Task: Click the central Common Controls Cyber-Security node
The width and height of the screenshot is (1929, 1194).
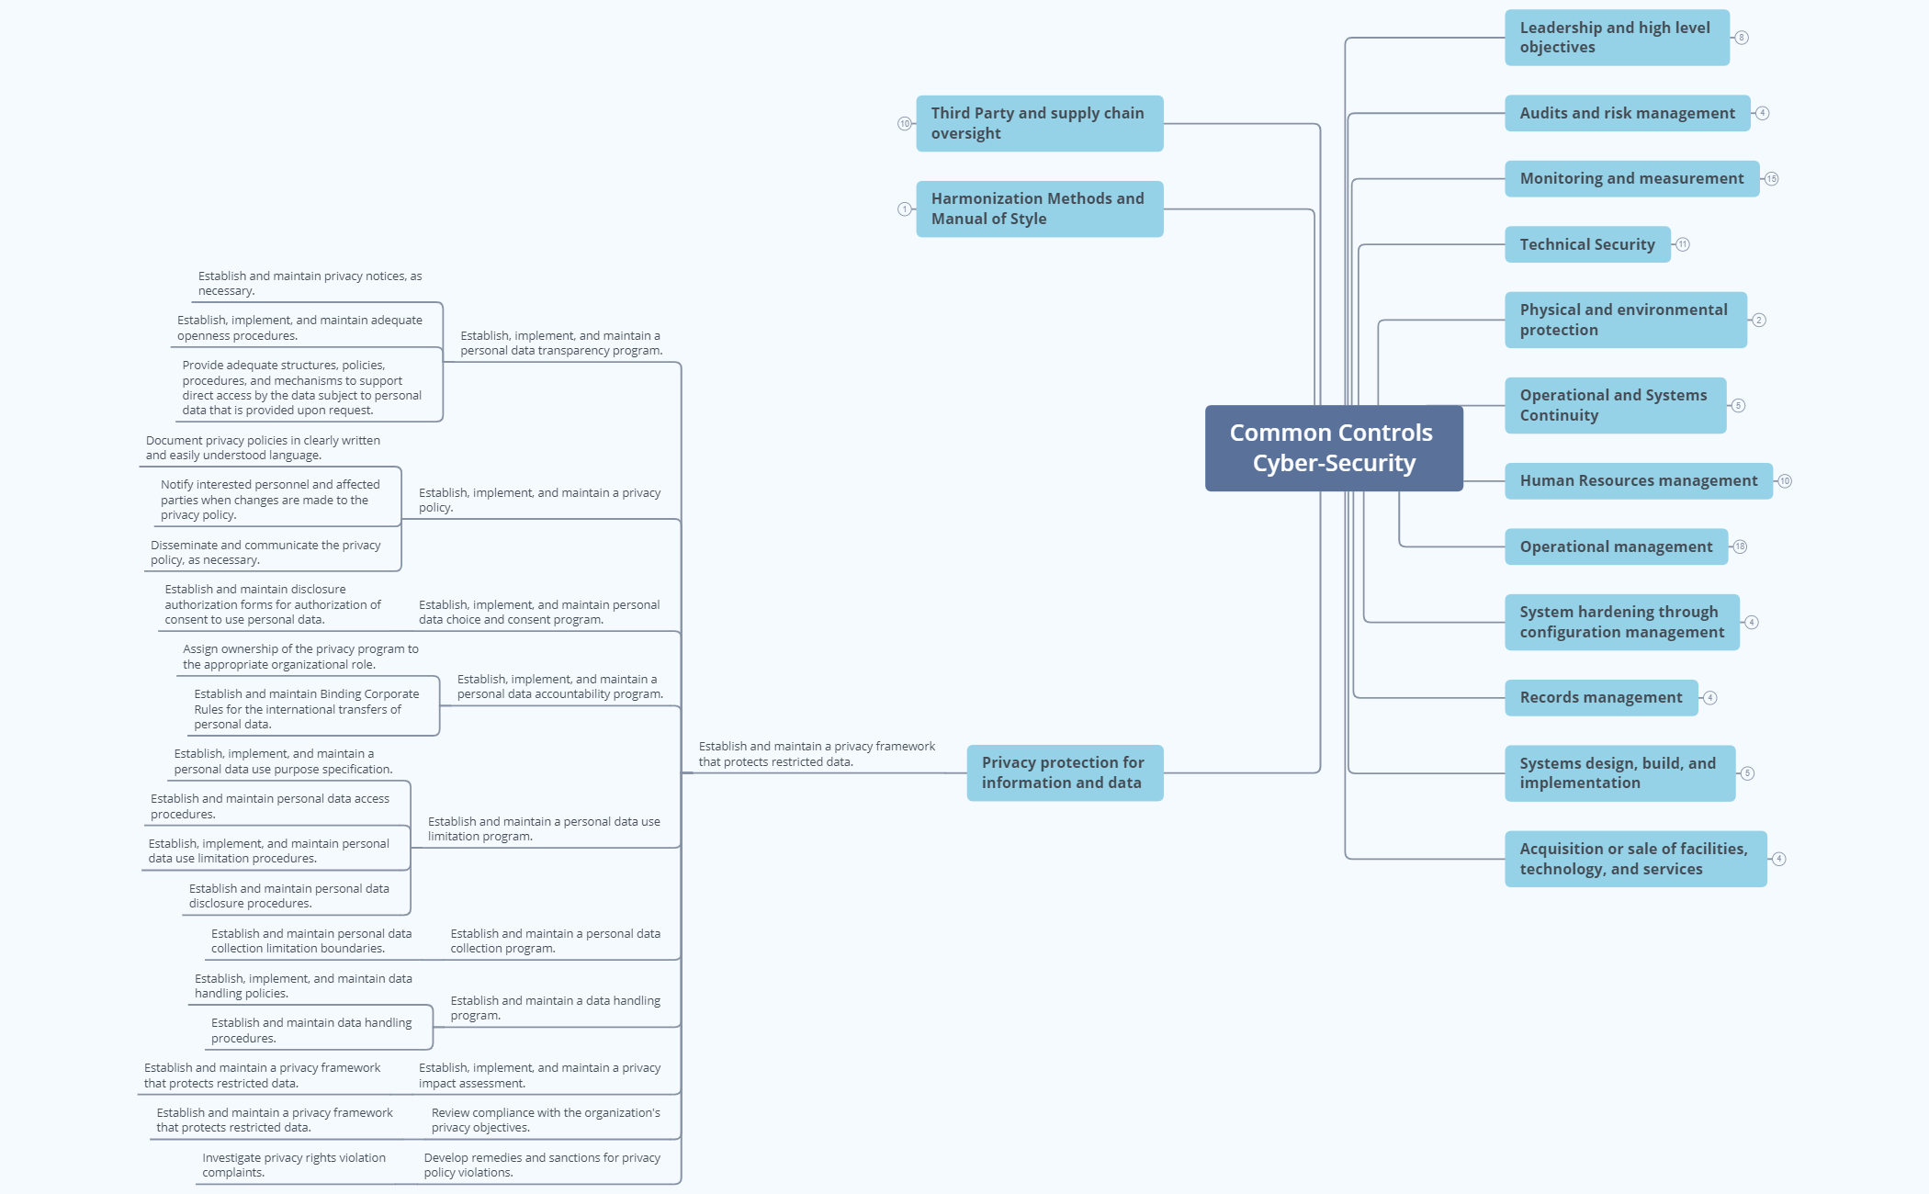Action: coord(1333,448)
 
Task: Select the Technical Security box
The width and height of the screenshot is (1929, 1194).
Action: coord(1586,244)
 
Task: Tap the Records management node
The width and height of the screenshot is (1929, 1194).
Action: coord(1600,698)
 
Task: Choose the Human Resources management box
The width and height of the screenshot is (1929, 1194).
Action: coord(1638,481)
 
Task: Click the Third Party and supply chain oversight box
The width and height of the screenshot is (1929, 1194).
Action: coord(1039,123)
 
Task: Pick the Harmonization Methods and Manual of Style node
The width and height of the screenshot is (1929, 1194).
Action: coord(1039,209)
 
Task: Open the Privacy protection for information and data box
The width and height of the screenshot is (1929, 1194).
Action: coord(1064,772)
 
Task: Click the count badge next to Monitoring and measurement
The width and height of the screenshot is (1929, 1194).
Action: coord(1771,179)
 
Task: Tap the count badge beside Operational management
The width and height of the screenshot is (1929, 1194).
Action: coord(1740,546)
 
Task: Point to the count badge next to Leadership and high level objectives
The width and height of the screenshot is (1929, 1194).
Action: coord(1741,38)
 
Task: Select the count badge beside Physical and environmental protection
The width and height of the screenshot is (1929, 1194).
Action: coord(1758,320)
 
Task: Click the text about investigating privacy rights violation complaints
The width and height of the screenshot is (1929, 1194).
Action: coord(294,1165)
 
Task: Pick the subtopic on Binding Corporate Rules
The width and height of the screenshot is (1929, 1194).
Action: coord(306,709)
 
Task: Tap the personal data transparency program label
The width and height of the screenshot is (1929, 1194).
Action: coord(560,343)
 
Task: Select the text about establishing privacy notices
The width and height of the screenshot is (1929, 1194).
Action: coord(310,283)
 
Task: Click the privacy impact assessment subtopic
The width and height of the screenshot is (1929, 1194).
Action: coord(539,1075)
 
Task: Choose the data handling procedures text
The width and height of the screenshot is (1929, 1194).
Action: coord(310,1030)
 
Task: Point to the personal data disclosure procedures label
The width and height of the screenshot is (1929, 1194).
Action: coord(288,895)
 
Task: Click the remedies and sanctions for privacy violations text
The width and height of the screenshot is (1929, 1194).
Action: coord(541,1165)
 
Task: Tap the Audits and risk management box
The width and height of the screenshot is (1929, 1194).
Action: coord(1627,113)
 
